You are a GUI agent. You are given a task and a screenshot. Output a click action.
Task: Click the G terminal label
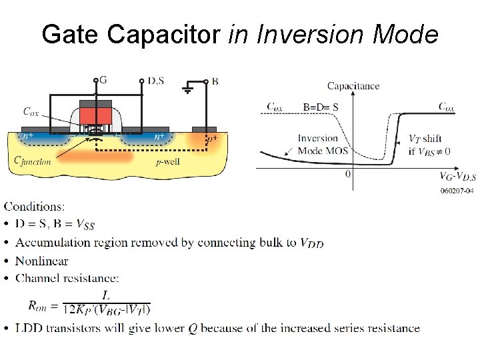[x=103, y=81]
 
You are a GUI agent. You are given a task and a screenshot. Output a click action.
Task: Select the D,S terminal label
[x=155, y=81]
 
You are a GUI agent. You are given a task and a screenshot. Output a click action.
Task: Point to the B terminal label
[x=214, y=81]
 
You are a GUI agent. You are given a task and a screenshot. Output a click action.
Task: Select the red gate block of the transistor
[x=95, y=115]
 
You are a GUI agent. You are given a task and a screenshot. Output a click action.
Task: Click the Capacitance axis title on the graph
[x=353, y=85]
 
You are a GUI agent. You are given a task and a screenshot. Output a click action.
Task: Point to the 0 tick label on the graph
[x=348, y=174]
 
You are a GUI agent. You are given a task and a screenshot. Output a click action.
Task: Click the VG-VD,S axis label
[x=457, y=176]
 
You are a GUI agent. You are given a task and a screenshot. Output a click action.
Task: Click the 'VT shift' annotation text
[x=425, y=139]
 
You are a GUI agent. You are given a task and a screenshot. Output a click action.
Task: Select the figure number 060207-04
[x=457, y=191]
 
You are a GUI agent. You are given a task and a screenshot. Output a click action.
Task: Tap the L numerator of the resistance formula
[x=106, y=295]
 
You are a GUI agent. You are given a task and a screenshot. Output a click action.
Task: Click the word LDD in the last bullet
[x=30, y=328]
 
